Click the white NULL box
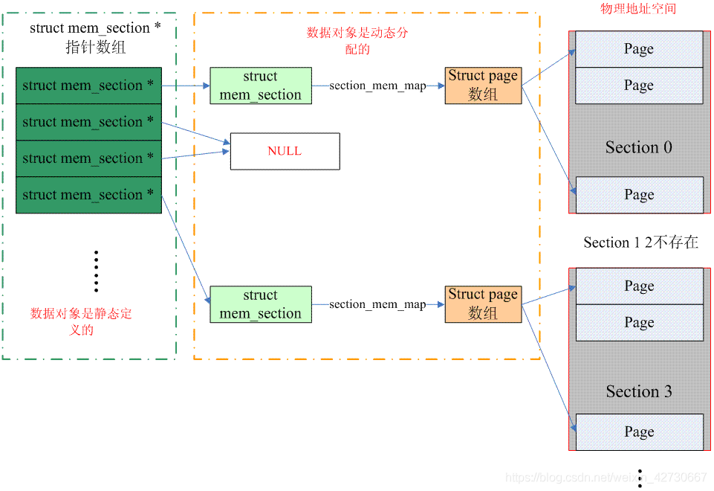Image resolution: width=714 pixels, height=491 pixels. [x=285, y=151]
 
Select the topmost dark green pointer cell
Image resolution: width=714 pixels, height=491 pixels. [x=88, y=86]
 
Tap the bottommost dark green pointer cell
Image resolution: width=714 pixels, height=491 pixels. [x=88, y=195]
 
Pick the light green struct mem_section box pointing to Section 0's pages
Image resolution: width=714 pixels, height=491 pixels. [x=260, y=86]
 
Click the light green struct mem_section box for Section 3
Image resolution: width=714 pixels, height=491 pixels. [x=260, y=304]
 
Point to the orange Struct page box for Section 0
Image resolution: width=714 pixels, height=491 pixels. [x=483, y=86]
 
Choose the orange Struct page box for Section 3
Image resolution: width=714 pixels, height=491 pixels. [x=483, y=304]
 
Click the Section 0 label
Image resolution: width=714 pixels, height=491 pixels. [x=638, y=147]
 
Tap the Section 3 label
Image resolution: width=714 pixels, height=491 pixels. [x=638, y=392]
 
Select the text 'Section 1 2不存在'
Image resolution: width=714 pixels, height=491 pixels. [x=640, y=243]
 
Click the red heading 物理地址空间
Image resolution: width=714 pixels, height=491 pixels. [x=638, y=9]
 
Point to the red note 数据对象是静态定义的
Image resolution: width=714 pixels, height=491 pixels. [x=81, y=321]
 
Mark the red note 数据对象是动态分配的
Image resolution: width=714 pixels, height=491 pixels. [x=357, y=41]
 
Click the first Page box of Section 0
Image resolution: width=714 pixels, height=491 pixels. [x=639, y=49]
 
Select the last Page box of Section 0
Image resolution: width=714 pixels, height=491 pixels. [x=639, y=195]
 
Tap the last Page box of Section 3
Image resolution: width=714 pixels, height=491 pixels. [x=639, y=432]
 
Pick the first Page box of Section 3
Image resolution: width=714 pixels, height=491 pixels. [x=639, y=286]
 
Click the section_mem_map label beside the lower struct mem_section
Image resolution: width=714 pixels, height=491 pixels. [x=377, y=304]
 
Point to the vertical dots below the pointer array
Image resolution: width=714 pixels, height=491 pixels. [x=96, y=271]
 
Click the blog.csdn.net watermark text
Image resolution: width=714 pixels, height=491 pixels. [x=606, y=478]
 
